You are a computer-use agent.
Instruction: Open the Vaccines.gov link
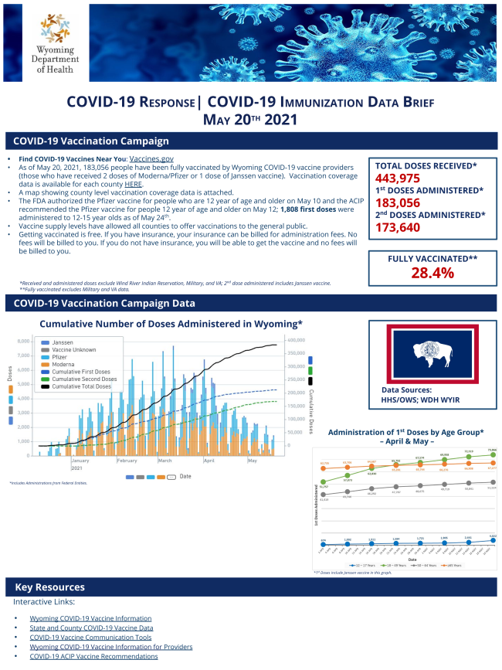[x=151, y=158]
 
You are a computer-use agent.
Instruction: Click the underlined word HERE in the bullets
[x=134, y=184]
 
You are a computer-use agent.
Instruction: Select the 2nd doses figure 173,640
[x=401, y=227]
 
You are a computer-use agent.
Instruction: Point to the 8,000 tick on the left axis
[x=22, y=341]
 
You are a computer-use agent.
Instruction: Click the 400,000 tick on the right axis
[x=296, y=341]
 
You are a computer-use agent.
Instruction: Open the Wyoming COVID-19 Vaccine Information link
[x=90, y=618]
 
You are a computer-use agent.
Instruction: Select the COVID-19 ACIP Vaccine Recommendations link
[x=93, y=656]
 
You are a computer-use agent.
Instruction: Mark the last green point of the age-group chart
[x=491, y=455]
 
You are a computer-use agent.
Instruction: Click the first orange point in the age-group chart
[x=324, y=467]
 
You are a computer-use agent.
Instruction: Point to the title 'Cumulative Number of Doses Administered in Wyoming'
[x=170, y=324]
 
